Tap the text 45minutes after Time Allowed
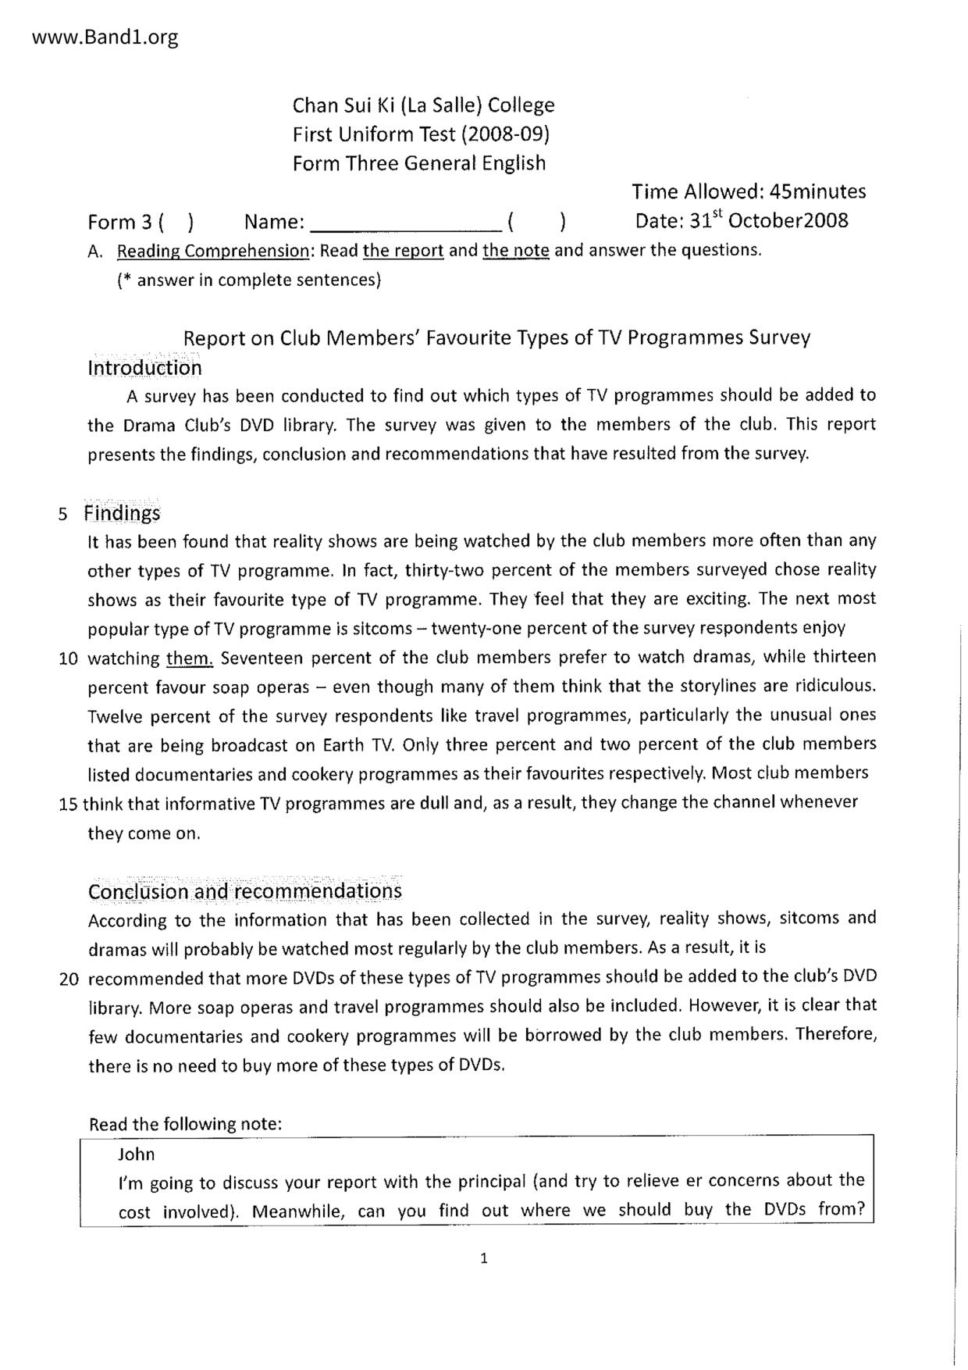click(x=817, y=191)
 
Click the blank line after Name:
click(x=406, y=223)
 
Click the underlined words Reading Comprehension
click(x=213, y=251)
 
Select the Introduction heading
click(x=144, y=367)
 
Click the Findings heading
click(x=123, y=513)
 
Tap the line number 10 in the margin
click(x=69, y=658)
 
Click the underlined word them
click(x=190, y=658)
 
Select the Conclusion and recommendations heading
click(x=245, y=891)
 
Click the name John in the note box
click(x=137, y=1154)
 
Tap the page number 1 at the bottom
click(x=484, y=1258)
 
